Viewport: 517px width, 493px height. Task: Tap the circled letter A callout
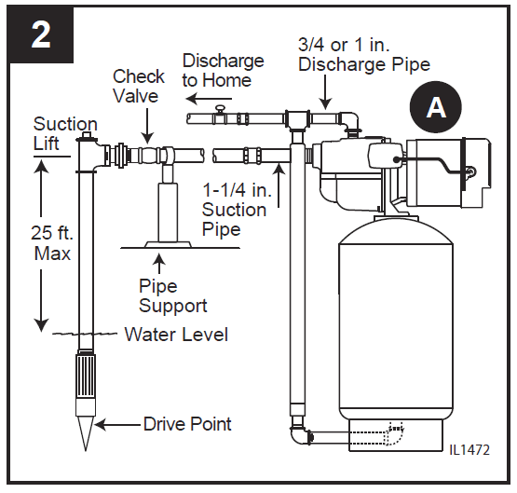(435, 109)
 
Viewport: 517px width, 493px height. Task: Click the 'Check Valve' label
(139, 86)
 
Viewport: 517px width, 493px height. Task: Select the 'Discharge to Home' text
(223, 71)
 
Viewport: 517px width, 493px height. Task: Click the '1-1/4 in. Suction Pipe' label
(234, 210)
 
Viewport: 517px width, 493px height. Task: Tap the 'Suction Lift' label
(65, 134)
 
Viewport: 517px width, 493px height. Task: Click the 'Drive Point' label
(187, 424)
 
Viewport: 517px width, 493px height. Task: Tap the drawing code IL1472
(469, 449)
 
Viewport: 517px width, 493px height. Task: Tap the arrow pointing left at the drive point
(116, 425)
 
